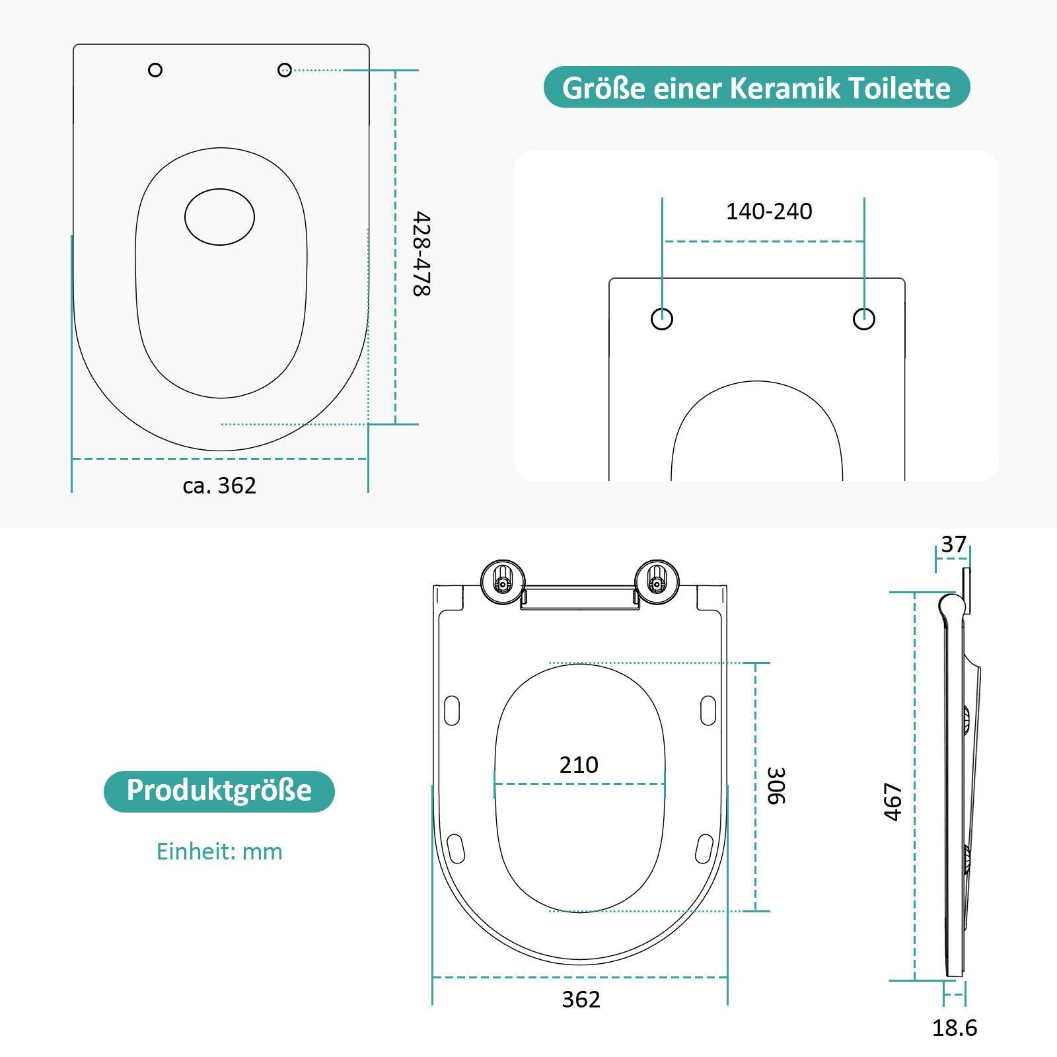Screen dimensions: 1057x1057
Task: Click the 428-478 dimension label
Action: (x=422, y=254)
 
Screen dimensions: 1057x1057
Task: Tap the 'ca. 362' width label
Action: (x=219, y=486)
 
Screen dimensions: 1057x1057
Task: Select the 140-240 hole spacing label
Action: (x=769, y=211)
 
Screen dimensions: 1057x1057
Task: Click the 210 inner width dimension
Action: (x=579, y=764)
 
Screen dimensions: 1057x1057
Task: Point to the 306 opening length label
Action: (x=776, y=785)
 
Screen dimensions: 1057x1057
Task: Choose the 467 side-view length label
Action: (x=893, y=802)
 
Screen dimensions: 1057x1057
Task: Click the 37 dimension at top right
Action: (x=953, y=544)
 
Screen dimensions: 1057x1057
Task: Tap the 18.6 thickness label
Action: (x=955, y=1028)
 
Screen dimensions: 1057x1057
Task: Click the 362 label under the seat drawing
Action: (x=581, y=1000)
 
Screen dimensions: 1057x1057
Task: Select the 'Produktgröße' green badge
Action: (x=219, y=791)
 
